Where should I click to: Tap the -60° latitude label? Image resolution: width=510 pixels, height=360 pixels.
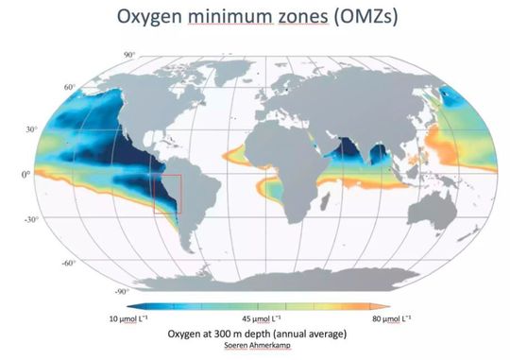click(68, 261)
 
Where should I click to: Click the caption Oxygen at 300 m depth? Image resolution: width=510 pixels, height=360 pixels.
click(255, 334)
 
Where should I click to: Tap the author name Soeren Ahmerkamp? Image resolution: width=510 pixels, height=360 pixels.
click(255, 346)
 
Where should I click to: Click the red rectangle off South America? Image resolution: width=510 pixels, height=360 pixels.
click(166, 194)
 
